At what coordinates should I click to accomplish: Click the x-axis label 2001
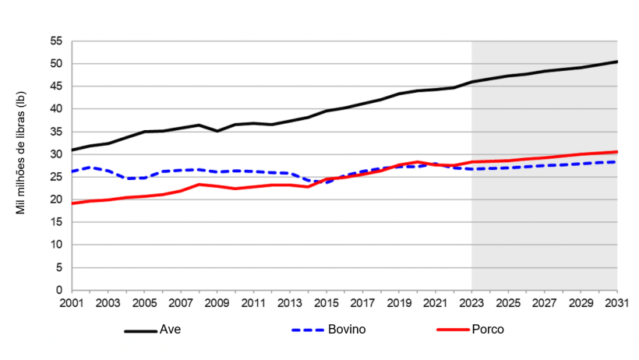tap(72, 302)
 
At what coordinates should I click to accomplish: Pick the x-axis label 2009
tap(217, 302)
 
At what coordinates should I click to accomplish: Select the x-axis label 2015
tap(327, 302)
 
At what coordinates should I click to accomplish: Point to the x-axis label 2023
tap(471, 302)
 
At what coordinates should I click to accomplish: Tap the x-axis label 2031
tap(616, 302)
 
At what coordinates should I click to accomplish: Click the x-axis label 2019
tap(399, 302)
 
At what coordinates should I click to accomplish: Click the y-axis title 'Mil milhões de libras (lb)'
tap(21, 153)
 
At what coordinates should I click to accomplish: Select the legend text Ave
tap(170, 330)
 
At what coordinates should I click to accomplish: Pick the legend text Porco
tap(488, 330)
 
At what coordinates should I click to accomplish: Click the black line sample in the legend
tap(140, 330)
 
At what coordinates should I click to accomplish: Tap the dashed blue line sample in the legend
tap(308, 330)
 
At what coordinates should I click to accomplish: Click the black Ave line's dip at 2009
tap(217, 131)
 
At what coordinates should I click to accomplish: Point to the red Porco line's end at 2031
tap(616, 152)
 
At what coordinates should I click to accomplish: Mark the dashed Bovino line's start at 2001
tap(72, 171)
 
